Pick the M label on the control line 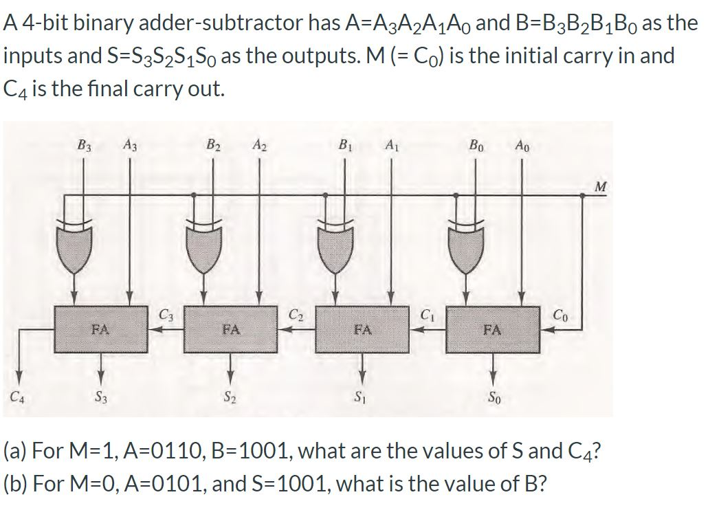(601, 186)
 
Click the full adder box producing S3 (101, 329)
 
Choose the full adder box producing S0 (491, 329)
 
